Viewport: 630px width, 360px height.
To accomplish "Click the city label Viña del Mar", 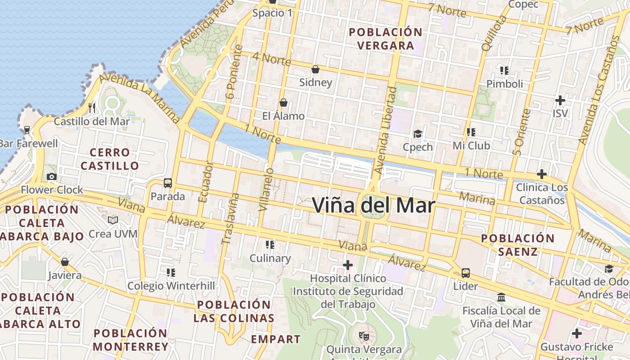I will (373, 205).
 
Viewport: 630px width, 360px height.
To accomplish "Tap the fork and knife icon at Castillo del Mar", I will (92, 108).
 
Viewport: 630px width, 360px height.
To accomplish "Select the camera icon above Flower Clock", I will (52, 177).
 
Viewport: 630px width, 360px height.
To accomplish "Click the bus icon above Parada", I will (168, 183).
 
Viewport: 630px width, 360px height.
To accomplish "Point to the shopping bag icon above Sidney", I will (315, 69).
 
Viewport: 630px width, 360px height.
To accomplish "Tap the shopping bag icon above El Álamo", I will (283, 103).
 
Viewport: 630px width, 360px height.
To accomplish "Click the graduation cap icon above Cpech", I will (418, 134).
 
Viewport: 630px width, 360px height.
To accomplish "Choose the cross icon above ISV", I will (560, 100).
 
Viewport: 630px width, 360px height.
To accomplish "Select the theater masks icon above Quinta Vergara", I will (364, 336).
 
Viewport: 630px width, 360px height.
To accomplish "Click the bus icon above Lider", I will (466, 273).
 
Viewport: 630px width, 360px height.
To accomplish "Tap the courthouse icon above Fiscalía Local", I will (501, 297).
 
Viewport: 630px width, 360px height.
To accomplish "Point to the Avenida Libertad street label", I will (385, 130).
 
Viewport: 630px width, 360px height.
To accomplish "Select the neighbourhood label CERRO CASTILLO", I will (109, 159).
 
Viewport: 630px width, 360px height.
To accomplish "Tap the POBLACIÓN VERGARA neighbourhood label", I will (386, 39).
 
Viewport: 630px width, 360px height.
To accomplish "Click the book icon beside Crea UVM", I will (112, 220).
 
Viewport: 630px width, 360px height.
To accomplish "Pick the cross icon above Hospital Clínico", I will (348, 265).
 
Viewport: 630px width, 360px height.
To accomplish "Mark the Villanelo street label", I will (266, 189).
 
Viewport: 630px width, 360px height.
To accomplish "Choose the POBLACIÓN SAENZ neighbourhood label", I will (518, 245).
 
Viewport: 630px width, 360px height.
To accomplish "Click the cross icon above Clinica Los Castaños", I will (542, 174).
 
